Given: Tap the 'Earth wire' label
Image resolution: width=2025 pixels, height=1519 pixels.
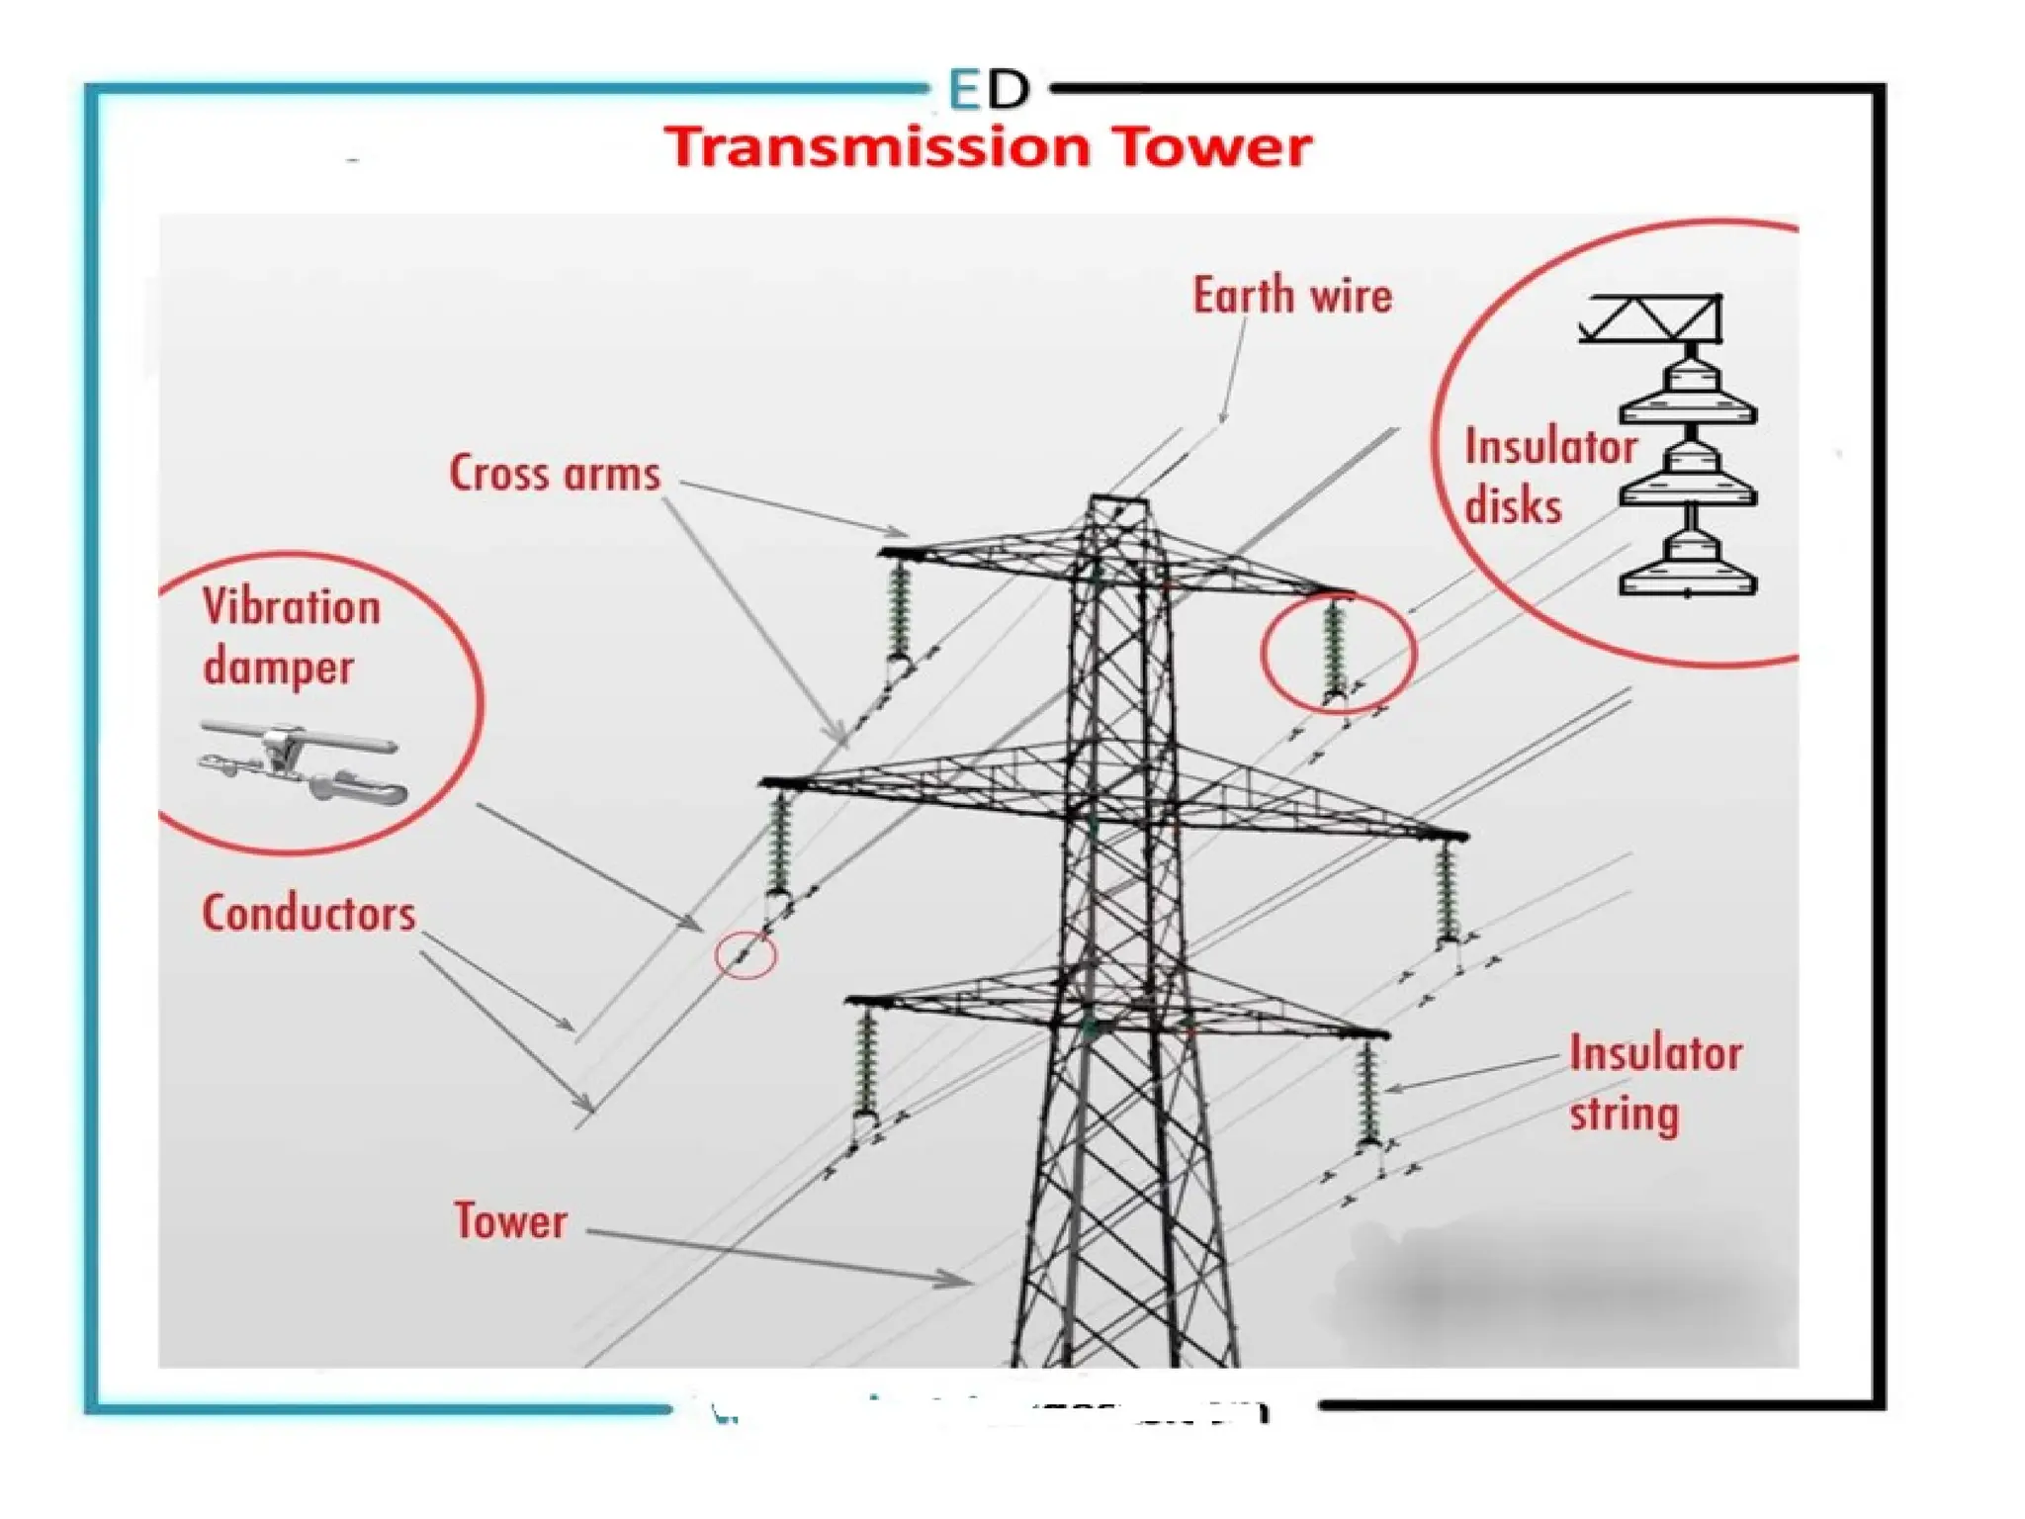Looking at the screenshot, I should [x=1291, y=296].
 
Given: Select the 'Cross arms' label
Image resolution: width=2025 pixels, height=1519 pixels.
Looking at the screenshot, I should [x=554, y=473].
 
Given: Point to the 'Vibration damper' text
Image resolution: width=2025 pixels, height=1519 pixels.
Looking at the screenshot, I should [x=291, y=636].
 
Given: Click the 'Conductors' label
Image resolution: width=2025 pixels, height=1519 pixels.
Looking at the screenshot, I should [x=308, y=913].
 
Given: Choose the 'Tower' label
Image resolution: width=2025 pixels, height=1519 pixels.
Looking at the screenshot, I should [x=510, y=1220].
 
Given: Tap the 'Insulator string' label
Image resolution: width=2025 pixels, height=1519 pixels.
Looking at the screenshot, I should [x=1654, y=1083].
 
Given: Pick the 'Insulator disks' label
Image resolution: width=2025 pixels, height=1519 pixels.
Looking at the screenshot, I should [x=1548, y=476].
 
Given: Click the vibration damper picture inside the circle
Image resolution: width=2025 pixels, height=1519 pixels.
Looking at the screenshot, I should [x=303, y=761].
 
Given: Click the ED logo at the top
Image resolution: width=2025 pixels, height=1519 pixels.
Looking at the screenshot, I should [x=988, y=89].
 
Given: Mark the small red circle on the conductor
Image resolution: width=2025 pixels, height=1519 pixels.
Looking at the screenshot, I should [x=746, y=954].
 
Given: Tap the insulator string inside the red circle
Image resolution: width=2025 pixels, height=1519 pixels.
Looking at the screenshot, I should [x=1335, y=648].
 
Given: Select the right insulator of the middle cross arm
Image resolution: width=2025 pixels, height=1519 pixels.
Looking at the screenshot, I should [x=1447, y=890].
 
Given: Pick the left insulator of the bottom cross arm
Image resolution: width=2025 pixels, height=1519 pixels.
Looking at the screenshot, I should [x=866, y=1063].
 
